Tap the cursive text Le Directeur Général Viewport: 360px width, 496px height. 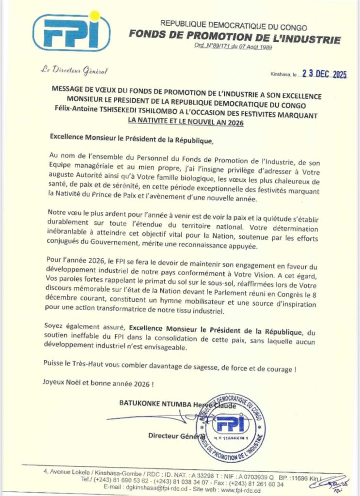tap(75, 71)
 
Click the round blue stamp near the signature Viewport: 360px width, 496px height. tap(231, 427)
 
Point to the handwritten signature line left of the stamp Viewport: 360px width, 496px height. tap(148, 418)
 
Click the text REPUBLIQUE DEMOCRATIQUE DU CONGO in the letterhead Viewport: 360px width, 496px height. tap(233, 28)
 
